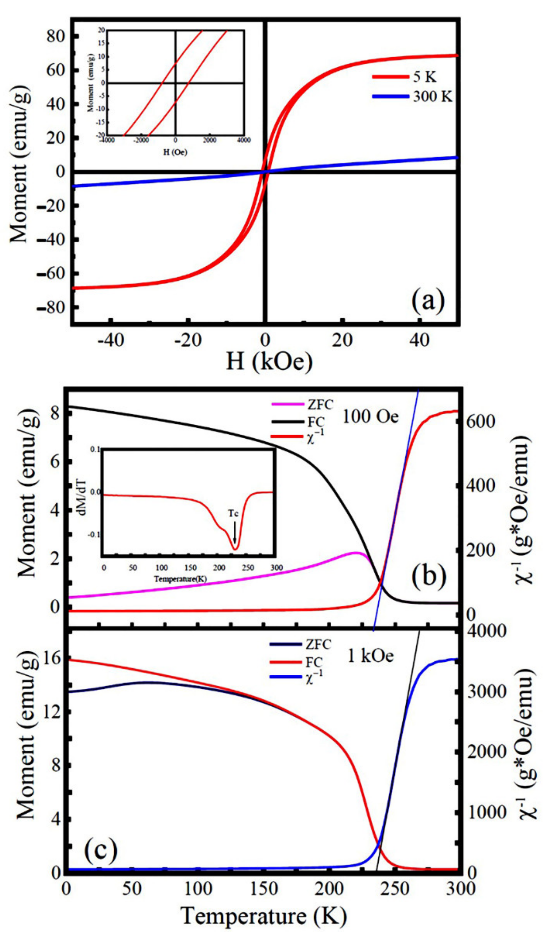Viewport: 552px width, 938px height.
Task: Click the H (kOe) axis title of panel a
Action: tap(269, 361)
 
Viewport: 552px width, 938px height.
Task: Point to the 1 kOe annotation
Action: tap(370, 656)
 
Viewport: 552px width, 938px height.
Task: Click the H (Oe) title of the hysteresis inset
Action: tap(175, 152)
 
